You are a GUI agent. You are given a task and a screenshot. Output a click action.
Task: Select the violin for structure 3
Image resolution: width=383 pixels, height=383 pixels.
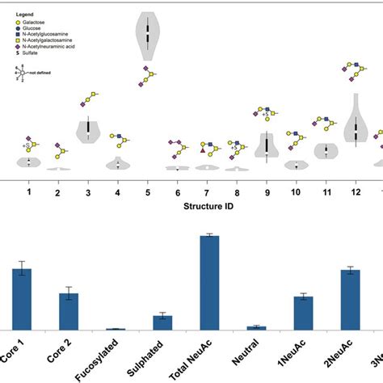[87, 129]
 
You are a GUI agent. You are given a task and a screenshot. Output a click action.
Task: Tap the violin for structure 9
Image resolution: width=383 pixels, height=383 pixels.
[267, 145]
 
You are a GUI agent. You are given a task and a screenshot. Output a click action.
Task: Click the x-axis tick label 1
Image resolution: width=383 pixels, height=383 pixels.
[28, 192]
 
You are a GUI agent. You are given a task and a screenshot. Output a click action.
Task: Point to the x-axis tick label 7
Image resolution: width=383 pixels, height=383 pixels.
[207, 192]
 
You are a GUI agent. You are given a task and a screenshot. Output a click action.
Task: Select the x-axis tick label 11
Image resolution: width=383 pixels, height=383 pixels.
[326, 192]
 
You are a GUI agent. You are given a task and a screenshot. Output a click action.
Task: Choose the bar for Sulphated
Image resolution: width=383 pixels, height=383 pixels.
[162, 322]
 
